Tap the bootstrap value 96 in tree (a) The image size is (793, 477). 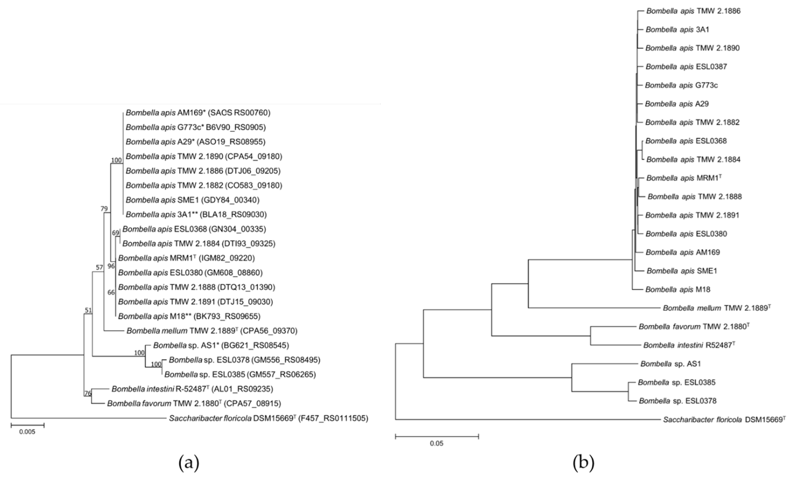(x=111, y=266)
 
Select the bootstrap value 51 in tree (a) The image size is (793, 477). (x=88, y=310)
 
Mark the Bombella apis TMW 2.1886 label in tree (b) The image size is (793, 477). (x=693, y=11)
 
